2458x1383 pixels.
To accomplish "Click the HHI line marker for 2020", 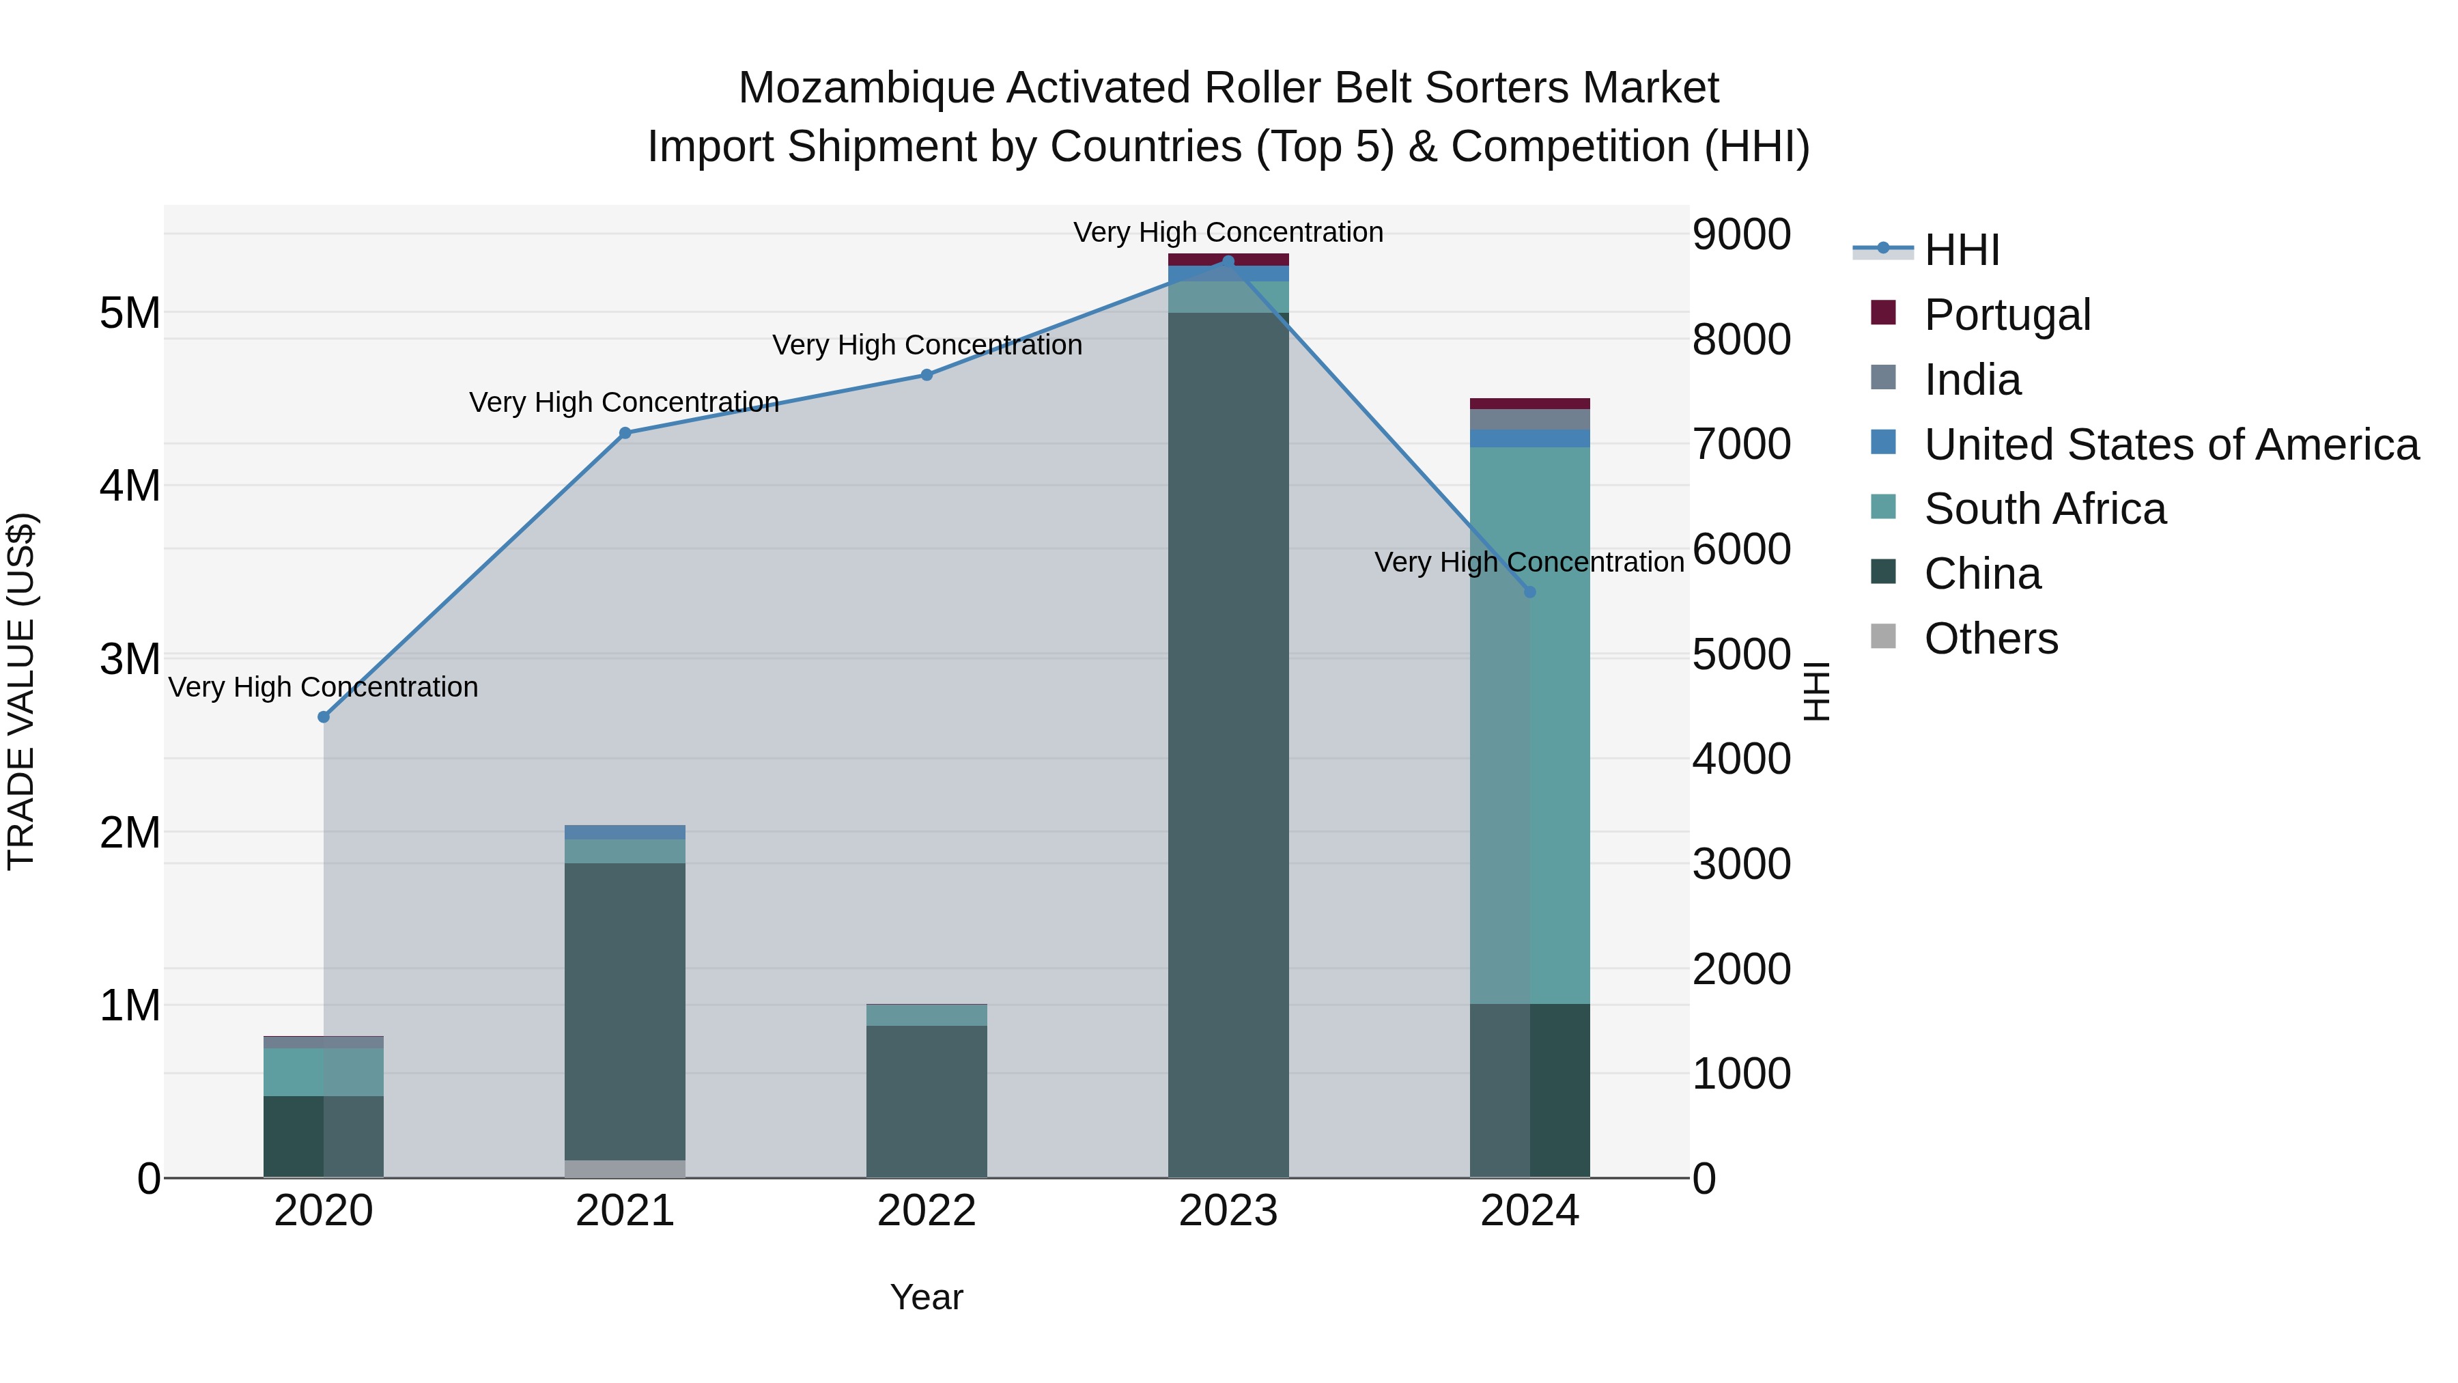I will [324, 717].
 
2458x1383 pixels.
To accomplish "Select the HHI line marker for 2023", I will [1228, 262].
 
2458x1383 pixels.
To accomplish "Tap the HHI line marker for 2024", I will [1529, 591].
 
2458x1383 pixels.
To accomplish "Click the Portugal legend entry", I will [2007, 315].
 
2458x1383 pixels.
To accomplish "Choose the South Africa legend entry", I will [2044, 509].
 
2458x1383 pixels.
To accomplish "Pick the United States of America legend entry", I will [2171, 445].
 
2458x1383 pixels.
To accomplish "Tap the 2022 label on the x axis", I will [927, 1211].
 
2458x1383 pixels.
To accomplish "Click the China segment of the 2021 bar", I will [625, 1011].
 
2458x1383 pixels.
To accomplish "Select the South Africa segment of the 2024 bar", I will [1529, 725].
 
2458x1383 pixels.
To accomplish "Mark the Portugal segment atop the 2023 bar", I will [1228, 260].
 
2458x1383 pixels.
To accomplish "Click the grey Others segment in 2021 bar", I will [625, 1169].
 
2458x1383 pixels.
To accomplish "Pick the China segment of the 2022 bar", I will [927, 1102].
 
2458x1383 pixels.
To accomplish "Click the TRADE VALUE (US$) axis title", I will [21, 691].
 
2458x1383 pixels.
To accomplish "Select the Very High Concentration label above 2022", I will [927, 345].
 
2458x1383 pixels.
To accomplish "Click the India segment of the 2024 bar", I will [1529, 419].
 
